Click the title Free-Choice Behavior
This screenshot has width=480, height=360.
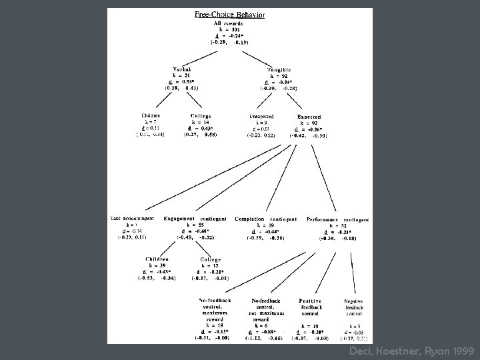[229, 14]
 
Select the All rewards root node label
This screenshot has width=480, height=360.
[229, 24]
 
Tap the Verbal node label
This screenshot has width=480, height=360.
[182, 69]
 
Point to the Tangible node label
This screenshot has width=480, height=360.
[279, 69]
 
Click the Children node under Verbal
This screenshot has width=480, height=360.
[151, 116]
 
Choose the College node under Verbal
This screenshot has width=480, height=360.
[201, 116]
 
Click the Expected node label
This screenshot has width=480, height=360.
[309, 116]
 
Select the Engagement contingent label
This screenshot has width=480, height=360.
[195, 219]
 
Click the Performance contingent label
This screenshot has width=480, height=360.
[337, 219]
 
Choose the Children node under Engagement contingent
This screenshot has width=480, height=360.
[157, 259]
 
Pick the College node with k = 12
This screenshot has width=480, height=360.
[211, 259]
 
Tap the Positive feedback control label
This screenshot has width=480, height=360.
[310, 307]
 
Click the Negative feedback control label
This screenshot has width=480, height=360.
[354, 307]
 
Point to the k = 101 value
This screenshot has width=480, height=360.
[229, 30]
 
